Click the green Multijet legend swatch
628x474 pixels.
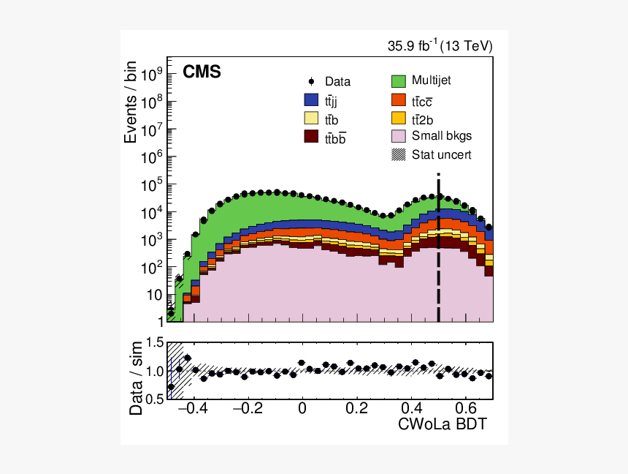399,80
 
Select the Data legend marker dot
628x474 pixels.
311,82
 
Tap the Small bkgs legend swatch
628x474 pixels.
399,135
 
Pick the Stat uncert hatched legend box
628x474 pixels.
399,154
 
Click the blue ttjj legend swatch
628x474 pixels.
311,100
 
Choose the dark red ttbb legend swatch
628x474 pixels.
311,136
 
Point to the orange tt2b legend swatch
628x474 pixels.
399,117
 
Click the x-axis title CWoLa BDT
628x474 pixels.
442,424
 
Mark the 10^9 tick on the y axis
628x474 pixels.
151,75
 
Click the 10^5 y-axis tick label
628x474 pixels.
151,185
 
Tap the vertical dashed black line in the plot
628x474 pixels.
438,249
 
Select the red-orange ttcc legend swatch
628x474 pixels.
399,99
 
